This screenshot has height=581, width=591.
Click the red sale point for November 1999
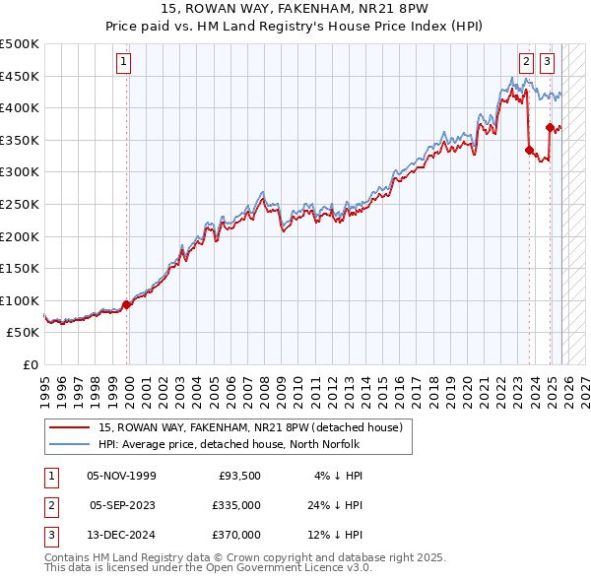tap(126, 304)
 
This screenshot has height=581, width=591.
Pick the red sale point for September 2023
tap(529, 151)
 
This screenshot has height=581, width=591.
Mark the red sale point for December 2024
tap(550, 128)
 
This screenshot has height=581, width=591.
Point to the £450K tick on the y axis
tap(20, 76)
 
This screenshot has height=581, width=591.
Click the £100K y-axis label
tap(20, 300)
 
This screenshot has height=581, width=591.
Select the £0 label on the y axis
tap(30, 364)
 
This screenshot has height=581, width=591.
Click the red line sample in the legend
tap(71, 428)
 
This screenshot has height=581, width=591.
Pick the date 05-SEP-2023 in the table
tap(122, 505)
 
